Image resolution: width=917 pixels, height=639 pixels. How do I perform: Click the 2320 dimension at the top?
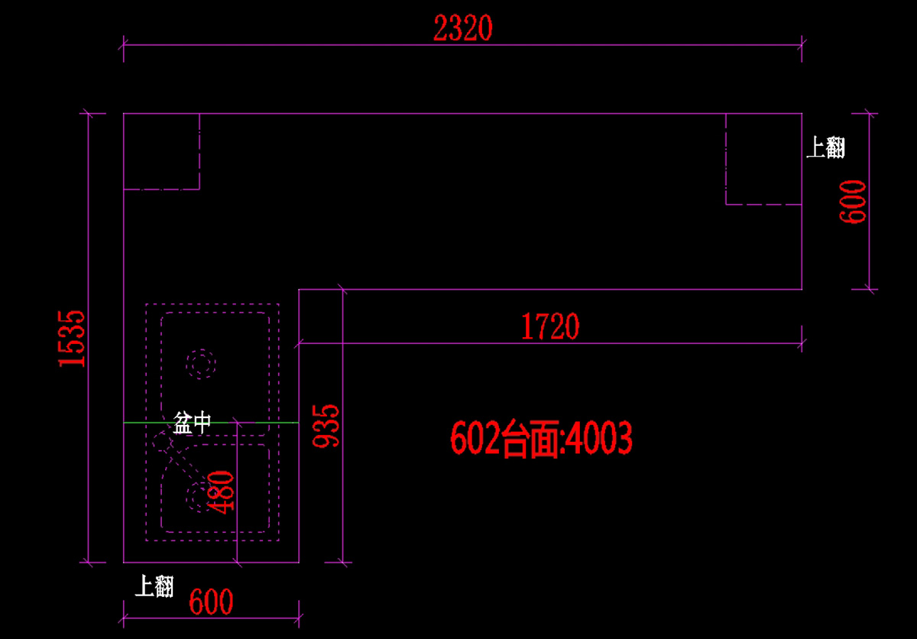pos(462,29)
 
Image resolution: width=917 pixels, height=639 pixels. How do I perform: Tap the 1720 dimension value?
pos(550,327)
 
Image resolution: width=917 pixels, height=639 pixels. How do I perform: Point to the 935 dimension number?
pos(327,427)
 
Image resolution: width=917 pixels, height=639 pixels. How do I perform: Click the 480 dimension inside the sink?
pos(222,493)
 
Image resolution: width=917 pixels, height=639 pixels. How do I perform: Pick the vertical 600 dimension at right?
pos(854,201)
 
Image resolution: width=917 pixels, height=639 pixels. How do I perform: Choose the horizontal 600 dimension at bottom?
pos(211,602)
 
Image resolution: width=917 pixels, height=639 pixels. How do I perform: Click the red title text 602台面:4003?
pos(541,440)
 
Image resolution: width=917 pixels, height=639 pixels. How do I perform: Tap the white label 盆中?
pos(191,423)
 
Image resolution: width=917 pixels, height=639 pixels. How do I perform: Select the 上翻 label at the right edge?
pos(826,147)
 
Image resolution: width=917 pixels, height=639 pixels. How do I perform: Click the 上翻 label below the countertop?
pos(154,586)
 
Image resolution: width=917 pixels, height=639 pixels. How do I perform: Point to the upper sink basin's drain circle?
pos(202,364)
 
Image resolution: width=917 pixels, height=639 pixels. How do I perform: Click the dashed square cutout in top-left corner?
pos(161,151)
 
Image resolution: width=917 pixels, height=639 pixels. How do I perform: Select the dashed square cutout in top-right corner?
pos(763,159)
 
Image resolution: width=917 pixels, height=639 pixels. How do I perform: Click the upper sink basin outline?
pos(215,313)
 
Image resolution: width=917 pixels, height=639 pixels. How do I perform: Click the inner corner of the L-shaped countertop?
pos(299,290)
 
